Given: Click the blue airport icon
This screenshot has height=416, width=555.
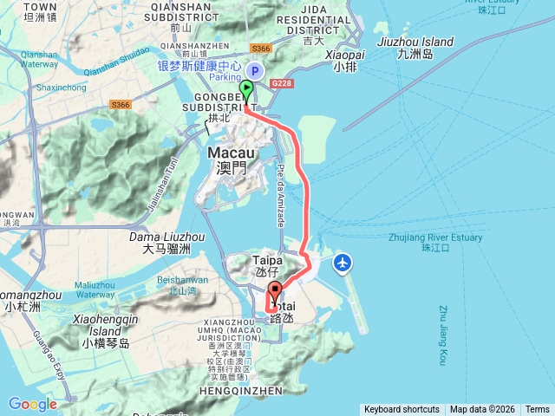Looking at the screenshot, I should [x=343, y=262].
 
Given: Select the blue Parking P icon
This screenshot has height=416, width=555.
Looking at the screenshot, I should [x=255, y=72].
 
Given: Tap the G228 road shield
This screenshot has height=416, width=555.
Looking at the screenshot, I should [x=281, y=83].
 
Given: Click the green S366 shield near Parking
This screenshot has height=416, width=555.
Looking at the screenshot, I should [x=260, y=49].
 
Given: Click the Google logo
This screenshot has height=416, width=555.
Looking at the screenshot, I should [x=32, y=404].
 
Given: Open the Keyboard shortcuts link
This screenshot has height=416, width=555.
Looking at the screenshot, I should [x=402, y=410].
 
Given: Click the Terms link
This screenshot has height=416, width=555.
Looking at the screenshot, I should [x=538, y=410].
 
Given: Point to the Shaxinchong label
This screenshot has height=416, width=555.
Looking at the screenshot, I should [x=61, y=88].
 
